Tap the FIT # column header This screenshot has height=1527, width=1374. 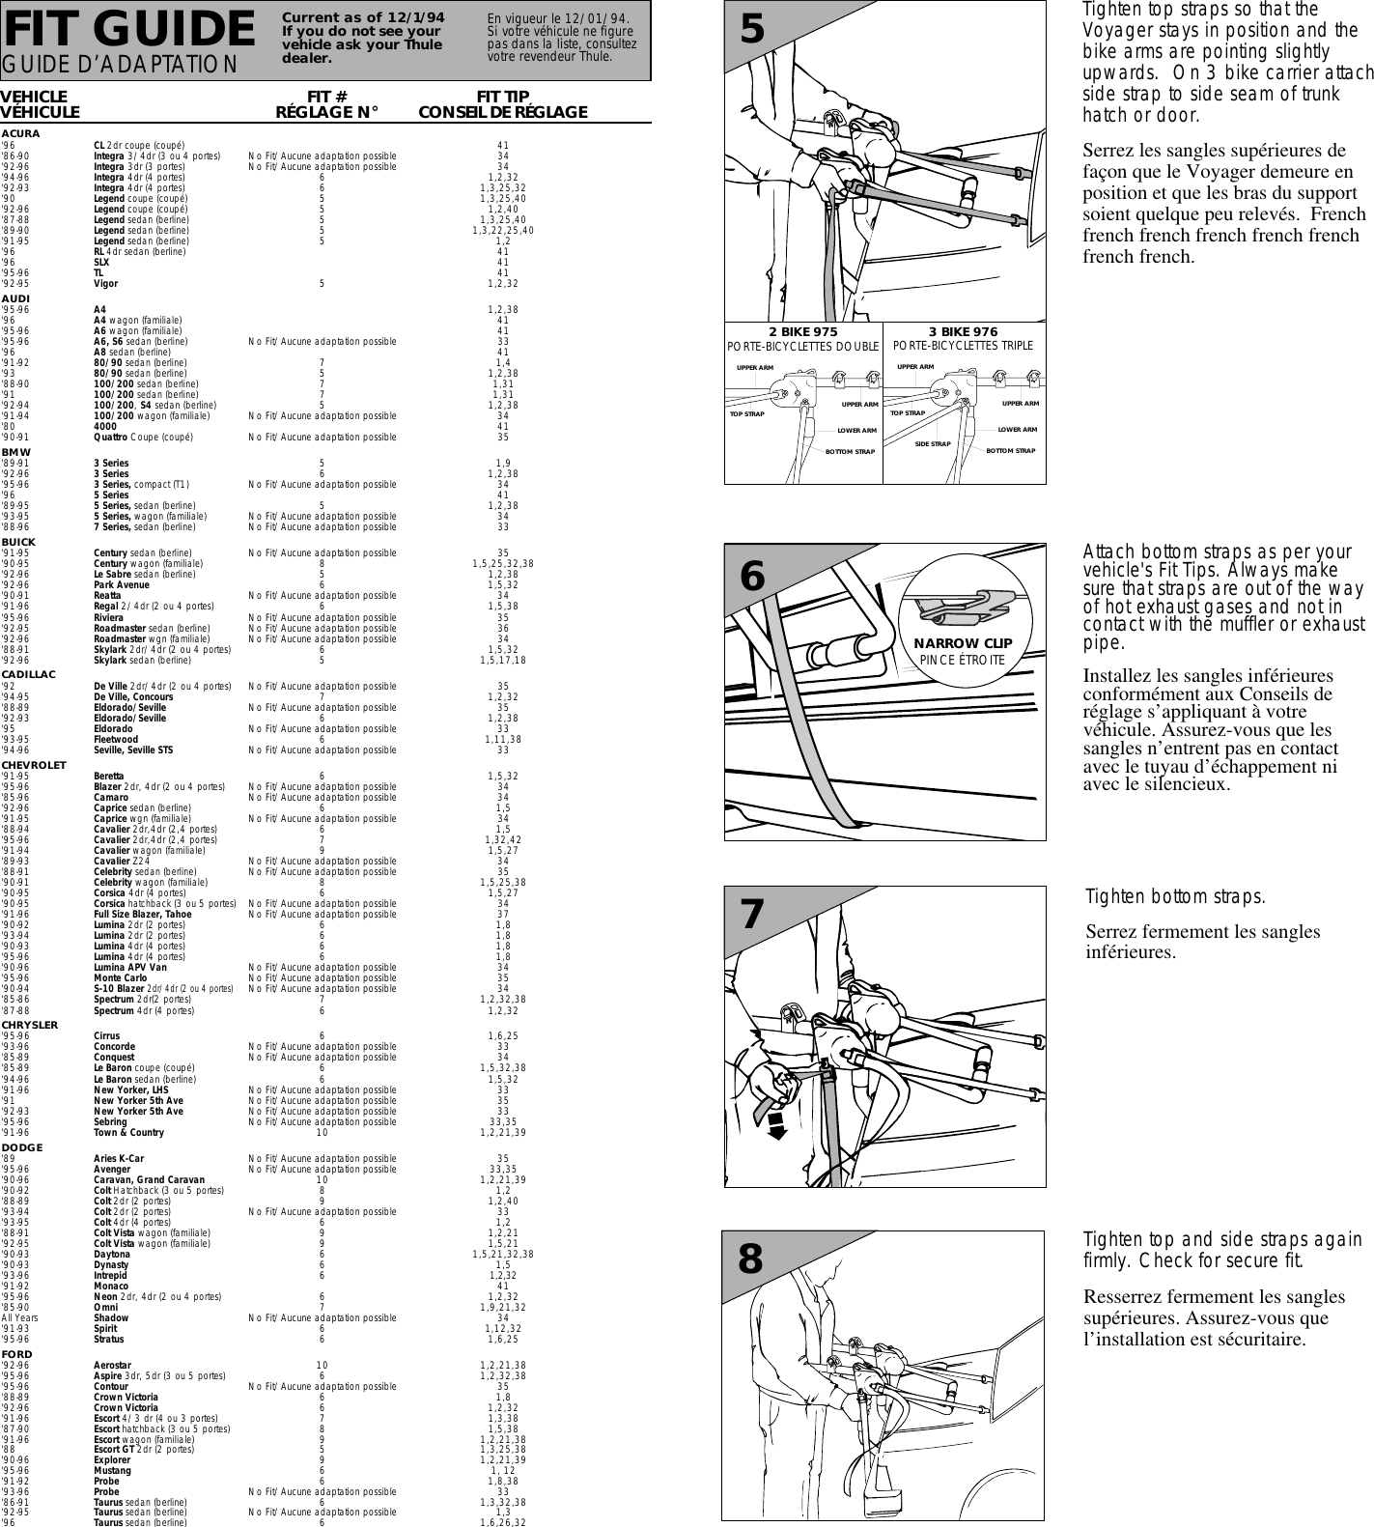[x=326, y=97]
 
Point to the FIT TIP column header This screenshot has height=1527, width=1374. [x=503, y=97]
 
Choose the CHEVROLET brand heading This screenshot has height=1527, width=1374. [x=34, y=765]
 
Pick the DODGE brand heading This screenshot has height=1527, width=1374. [x=22, y=1147]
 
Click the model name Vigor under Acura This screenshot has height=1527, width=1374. [x=106, y=284]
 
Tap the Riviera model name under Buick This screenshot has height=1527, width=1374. [x=108, y=618]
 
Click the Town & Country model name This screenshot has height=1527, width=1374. [x=128, y=1133]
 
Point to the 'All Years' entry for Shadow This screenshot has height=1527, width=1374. [x=20, y=1317]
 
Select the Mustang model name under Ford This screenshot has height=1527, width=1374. [x=112, y=1471]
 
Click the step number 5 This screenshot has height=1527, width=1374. [x=752, y=31]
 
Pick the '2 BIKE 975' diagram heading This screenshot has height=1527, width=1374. [x=803, y=332]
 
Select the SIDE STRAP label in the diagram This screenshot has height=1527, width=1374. [x=933, y=444]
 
